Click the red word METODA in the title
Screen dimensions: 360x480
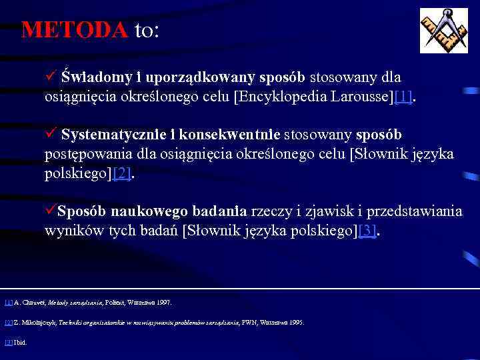point(74,30)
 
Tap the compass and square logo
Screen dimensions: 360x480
point(443,31)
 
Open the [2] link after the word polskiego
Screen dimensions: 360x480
point(121,174)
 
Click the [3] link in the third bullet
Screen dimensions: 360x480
point(367,231)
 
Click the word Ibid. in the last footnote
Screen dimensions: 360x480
point(20,343)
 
